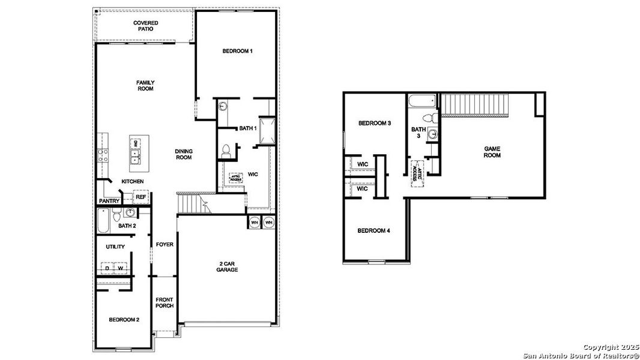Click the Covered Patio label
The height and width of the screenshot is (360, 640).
(x=145, y=26)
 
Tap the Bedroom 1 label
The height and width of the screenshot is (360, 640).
(x=237, y=52)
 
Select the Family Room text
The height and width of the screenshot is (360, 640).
(x=145, y=86)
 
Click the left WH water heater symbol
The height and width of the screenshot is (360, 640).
(x=254, y=222)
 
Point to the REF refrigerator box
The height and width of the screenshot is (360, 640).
(x=140, y=197)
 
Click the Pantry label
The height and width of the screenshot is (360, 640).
(x=109, y=201)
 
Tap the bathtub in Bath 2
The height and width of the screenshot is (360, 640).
(x=103, y=220)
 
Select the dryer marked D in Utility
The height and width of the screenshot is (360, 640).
(x=109, y=268)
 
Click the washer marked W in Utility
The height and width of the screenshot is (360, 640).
(x=121, y=268)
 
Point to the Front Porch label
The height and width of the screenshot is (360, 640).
(x=165, y=302)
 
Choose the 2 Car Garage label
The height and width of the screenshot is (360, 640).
(x=228, y=266)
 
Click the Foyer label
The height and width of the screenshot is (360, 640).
(x=165, y=244)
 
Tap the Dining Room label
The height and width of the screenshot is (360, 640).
(x=184, y=154)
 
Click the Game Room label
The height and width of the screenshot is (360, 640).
(x=492, y=152)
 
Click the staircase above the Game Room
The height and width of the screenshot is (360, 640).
(x=475, y=106)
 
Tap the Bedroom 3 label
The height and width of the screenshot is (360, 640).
(x=375, y=124)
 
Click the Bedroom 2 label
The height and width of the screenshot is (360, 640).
(x=124, y=320)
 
